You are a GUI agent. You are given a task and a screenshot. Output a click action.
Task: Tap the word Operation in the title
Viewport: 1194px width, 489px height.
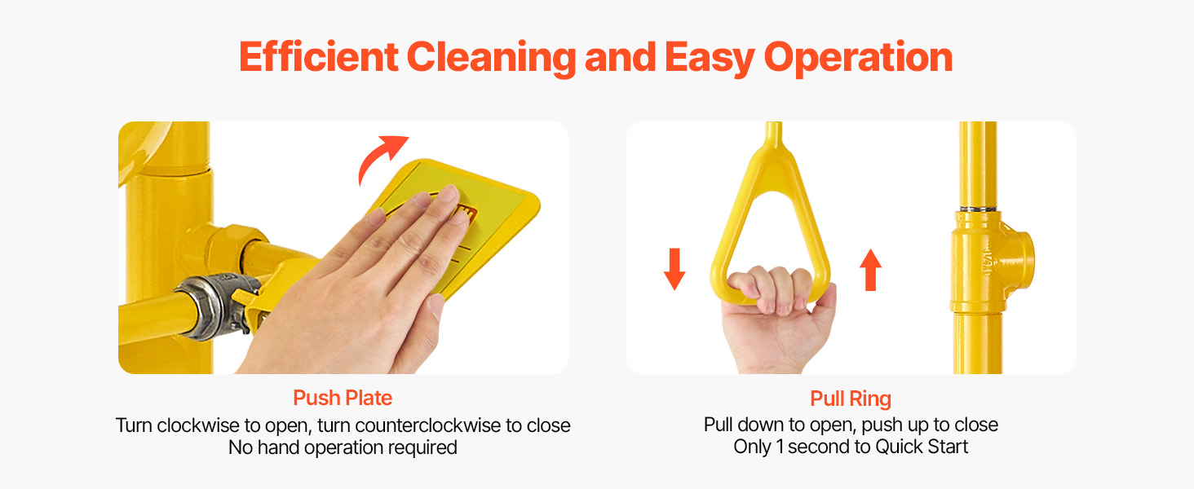pos(858,58)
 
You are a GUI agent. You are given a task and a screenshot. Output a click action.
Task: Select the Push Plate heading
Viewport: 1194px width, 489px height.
pos(343,398)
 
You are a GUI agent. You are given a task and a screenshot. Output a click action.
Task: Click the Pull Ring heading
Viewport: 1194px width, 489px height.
pos(850,399)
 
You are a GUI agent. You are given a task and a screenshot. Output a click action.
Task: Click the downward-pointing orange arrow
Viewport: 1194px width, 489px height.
pos(674,269)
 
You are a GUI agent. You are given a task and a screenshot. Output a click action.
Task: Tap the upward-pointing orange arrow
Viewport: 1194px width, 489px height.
pos(870,270)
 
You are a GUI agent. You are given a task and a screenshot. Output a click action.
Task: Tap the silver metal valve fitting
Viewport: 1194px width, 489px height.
pos(219,306)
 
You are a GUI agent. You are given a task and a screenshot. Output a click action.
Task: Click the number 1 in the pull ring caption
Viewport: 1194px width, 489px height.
pos(780,447)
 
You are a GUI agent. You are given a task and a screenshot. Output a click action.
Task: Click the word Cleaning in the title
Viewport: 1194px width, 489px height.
pos(491,58)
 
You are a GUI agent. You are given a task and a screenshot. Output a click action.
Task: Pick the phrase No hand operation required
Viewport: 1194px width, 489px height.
pos(343,447)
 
